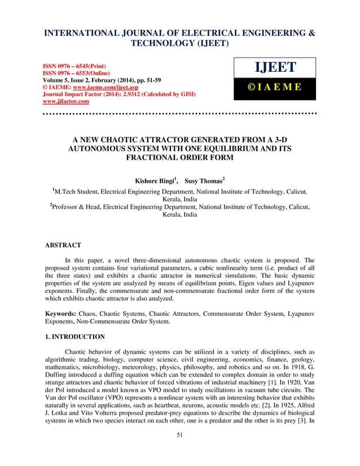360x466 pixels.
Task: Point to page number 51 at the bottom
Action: pyautogui.click(x=179, y=451)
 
